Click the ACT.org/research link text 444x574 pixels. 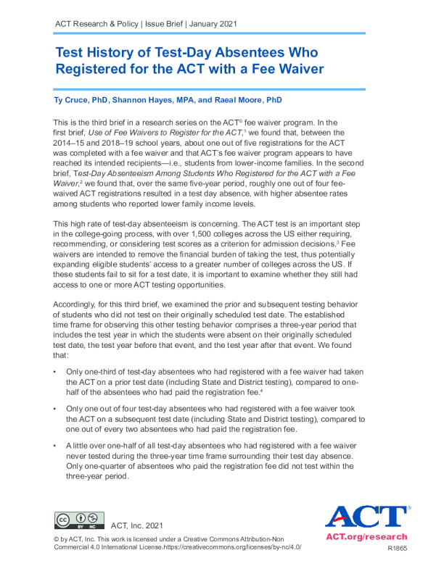[366, 537]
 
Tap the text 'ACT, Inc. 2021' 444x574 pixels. [137, 525]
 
